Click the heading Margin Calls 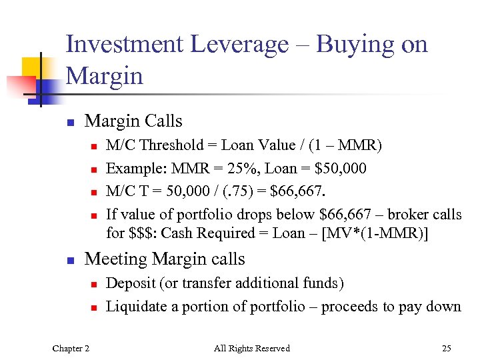[x=133, y=121]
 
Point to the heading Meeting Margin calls [x=165, y=259]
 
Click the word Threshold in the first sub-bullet [x=172, y=145]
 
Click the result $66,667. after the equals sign [x=297, y=192]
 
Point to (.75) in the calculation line [x=232, y=192]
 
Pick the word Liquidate [x=134, y=307]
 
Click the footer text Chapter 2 [x=72, y=348]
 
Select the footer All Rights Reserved [x=251, y=348]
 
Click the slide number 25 [x=446, y=348]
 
